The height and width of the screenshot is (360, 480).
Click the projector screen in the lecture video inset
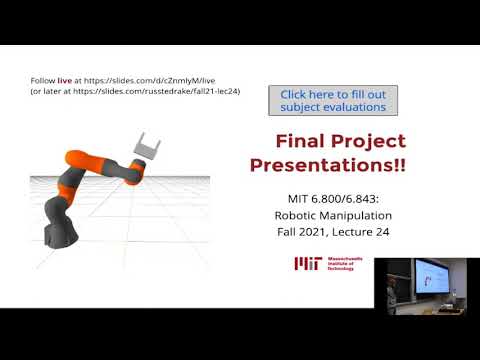pyautogui.click(x=433, y=276)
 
